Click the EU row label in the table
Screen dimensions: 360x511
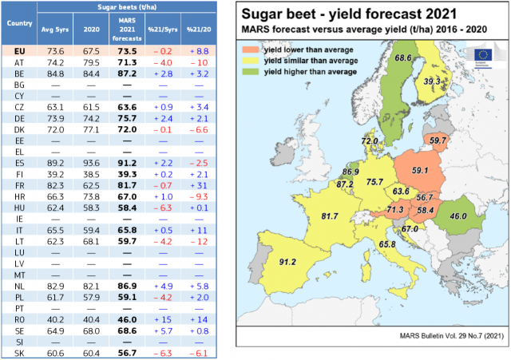(19, 50)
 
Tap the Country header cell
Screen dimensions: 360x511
(19, 23)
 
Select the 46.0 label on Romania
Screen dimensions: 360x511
(457, 216)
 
